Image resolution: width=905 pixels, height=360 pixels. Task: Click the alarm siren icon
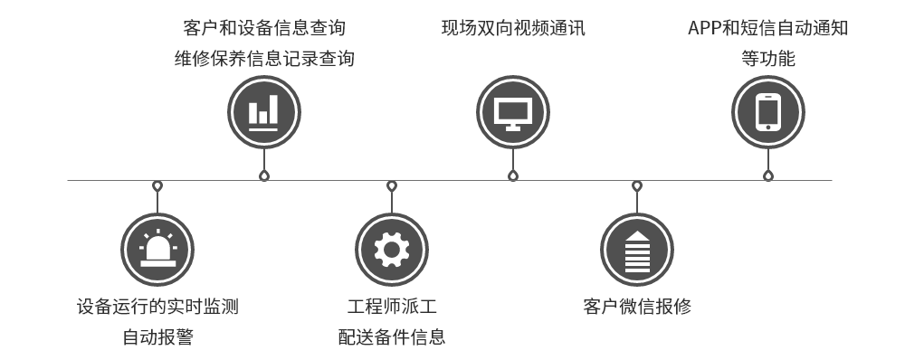157,248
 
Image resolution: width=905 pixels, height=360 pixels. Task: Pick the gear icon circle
391,248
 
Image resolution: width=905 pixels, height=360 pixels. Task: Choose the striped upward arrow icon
637,248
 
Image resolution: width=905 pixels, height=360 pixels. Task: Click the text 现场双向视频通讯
513,28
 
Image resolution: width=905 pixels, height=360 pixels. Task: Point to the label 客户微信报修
637,306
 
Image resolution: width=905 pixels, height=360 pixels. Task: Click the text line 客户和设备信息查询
263,28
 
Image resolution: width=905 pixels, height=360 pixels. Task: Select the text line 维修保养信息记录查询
263,60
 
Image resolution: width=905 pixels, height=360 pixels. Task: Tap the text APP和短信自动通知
768,28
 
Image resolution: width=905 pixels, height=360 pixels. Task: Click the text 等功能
768,60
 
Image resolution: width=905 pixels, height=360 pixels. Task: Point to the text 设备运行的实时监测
157,306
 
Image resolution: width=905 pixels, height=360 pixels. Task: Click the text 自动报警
157,337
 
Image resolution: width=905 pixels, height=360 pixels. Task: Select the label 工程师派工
391,306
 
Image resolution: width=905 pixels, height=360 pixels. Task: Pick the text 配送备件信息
391,337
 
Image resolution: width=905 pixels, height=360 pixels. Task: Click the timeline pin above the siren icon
157,186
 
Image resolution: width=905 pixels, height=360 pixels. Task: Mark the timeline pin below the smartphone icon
768,175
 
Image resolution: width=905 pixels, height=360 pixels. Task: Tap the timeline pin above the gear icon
391,186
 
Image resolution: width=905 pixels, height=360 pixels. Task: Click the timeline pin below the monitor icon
513,175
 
